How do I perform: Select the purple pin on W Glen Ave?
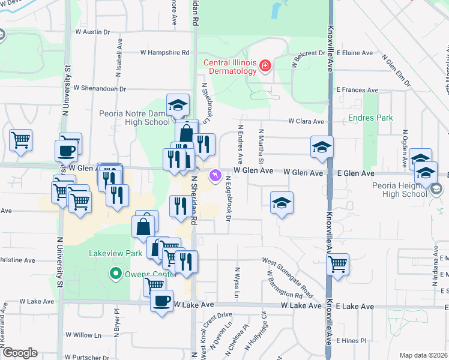coord(215,175)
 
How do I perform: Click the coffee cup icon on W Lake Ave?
coord(161,301)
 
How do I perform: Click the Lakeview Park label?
coord(116,253)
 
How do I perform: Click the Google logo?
coord(19,353)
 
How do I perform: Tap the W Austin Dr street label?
coord(92,31)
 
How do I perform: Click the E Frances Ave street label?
coord(357,90)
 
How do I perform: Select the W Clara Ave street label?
coord(306,121)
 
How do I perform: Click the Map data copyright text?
coord(424,355)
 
